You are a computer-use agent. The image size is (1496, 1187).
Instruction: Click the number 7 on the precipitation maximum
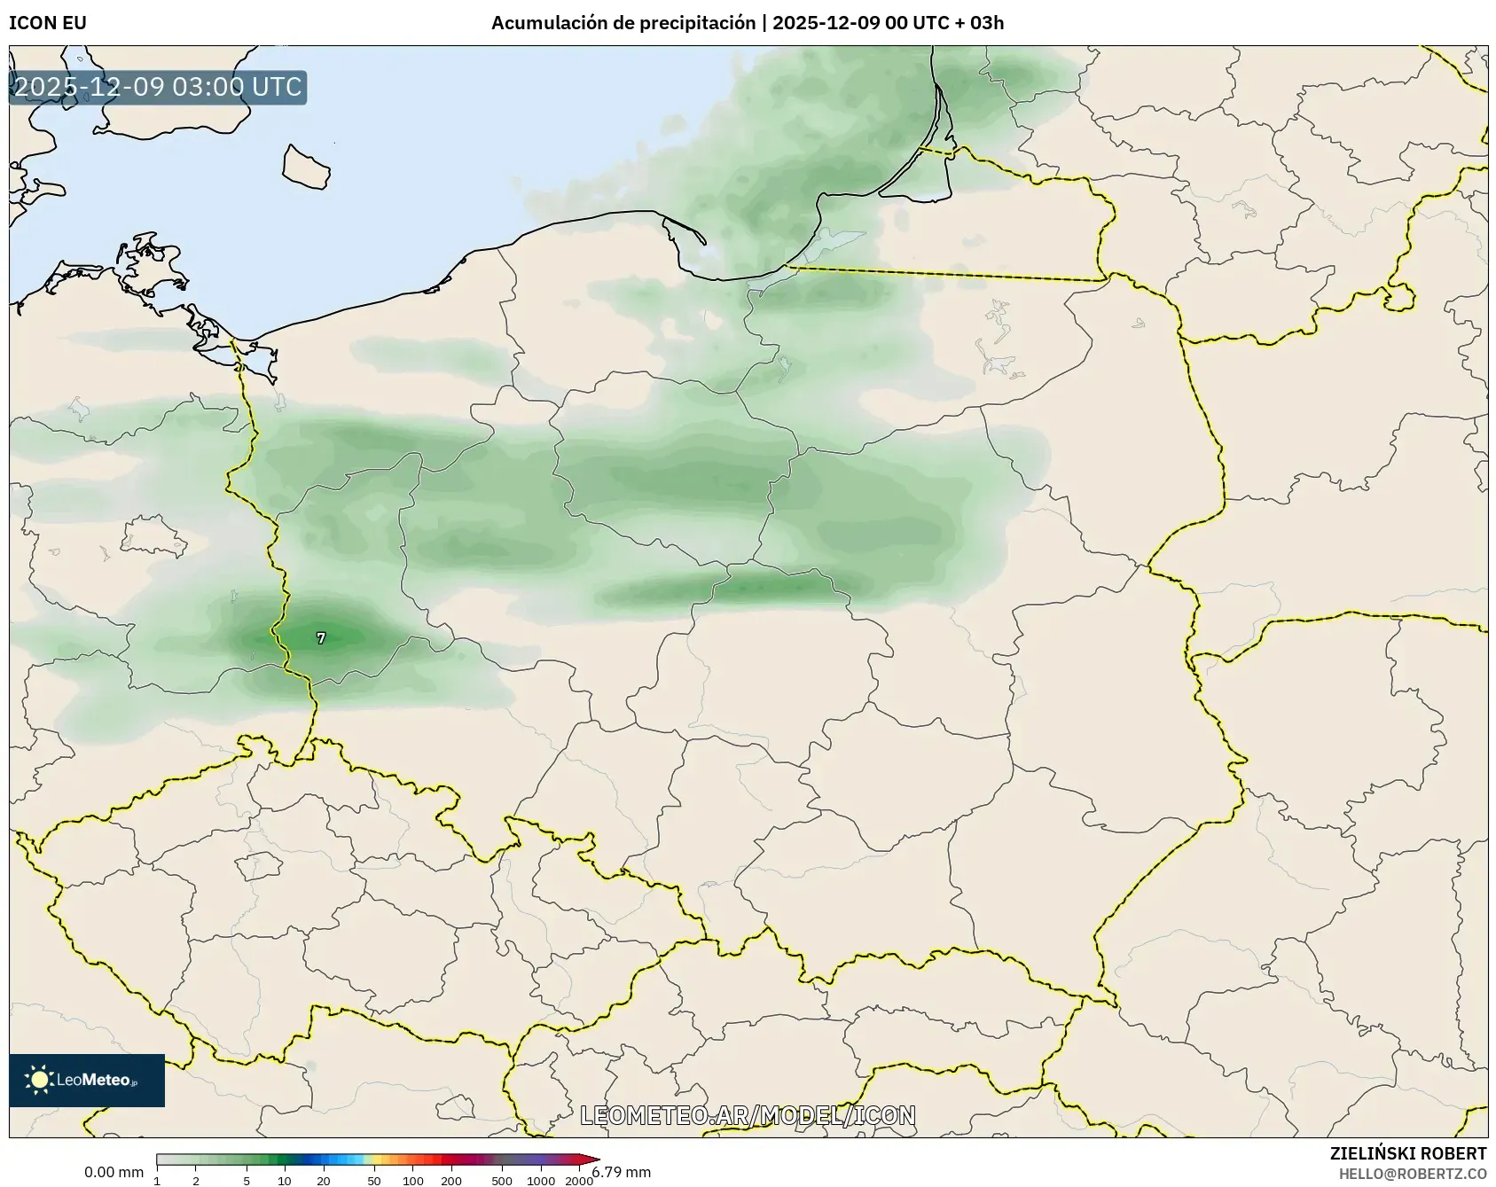click(321, 638)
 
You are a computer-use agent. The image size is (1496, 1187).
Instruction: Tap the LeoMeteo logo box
click(87, 1080)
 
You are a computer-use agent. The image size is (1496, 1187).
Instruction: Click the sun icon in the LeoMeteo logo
click(39, 1080)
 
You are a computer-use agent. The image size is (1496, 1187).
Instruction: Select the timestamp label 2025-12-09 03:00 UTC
click(158, 88)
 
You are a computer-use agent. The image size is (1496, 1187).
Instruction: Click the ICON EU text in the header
click(48, 23)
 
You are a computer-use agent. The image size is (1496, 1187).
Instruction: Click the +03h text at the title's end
click(986, 23)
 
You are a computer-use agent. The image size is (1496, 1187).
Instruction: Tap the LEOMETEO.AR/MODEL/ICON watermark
click(748, 1115)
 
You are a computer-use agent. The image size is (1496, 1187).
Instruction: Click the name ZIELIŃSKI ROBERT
click(1408, 1153)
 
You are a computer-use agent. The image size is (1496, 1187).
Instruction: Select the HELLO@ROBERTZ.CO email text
click(1413, 1174)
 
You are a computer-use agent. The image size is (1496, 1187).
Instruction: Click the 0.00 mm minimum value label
click(114, 1173)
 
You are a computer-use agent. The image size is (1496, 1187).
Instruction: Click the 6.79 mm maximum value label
click(622, 1173)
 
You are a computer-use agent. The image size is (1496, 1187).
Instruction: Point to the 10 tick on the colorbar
click(285, 1181)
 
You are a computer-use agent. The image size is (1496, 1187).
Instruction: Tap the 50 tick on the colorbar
click(374, 1181)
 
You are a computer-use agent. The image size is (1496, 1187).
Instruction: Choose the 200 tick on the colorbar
click(451, 1181)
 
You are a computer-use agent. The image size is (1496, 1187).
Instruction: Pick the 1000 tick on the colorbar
click(541, 1181)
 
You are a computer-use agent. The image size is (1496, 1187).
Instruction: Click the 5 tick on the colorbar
click(247, 1181)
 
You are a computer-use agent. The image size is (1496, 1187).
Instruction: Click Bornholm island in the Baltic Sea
click(306, 167)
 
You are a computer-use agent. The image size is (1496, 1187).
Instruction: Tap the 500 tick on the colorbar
click(502, 1181)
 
